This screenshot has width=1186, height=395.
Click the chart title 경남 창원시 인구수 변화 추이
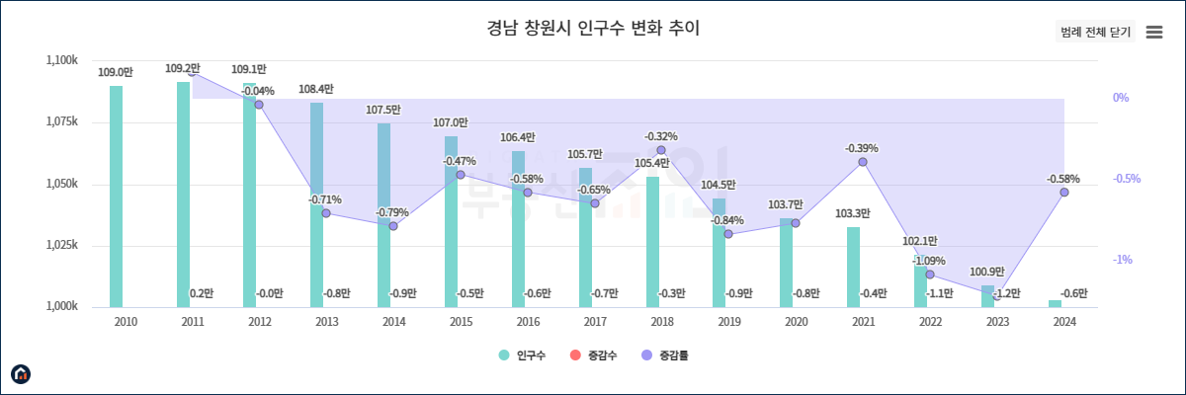[x=593, y=28]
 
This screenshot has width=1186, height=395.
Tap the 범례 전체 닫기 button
[x=1095, y=33]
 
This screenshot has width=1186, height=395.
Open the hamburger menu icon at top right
[x=1153, y=33]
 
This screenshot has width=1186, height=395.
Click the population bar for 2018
[x=653, y=242]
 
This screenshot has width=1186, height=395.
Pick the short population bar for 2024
[x=1055, y=303]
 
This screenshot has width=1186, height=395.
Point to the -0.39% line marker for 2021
[x=863, y=162]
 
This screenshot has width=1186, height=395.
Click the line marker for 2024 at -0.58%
[x=1064, y=193]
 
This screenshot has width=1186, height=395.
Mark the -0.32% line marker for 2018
[x=661, y=150]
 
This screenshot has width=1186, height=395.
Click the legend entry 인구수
[x=524, y=355]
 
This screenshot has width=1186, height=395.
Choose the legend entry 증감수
[x=594, y=355]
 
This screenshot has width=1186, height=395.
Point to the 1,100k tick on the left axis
[x=62, y=61]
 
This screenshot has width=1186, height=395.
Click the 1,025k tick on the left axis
[x=62, y=245]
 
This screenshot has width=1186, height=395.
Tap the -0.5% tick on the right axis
[x=1122, y=179]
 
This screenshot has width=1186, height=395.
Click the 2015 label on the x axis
[x=461, y=322]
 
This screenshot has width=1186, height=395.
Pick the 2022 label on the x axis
[x=930, y=322]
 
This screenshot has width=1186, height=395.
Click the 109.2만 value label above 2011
[x=183, y=69]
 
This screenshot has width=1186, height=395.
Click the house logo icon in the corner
[x=21, y=373]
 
